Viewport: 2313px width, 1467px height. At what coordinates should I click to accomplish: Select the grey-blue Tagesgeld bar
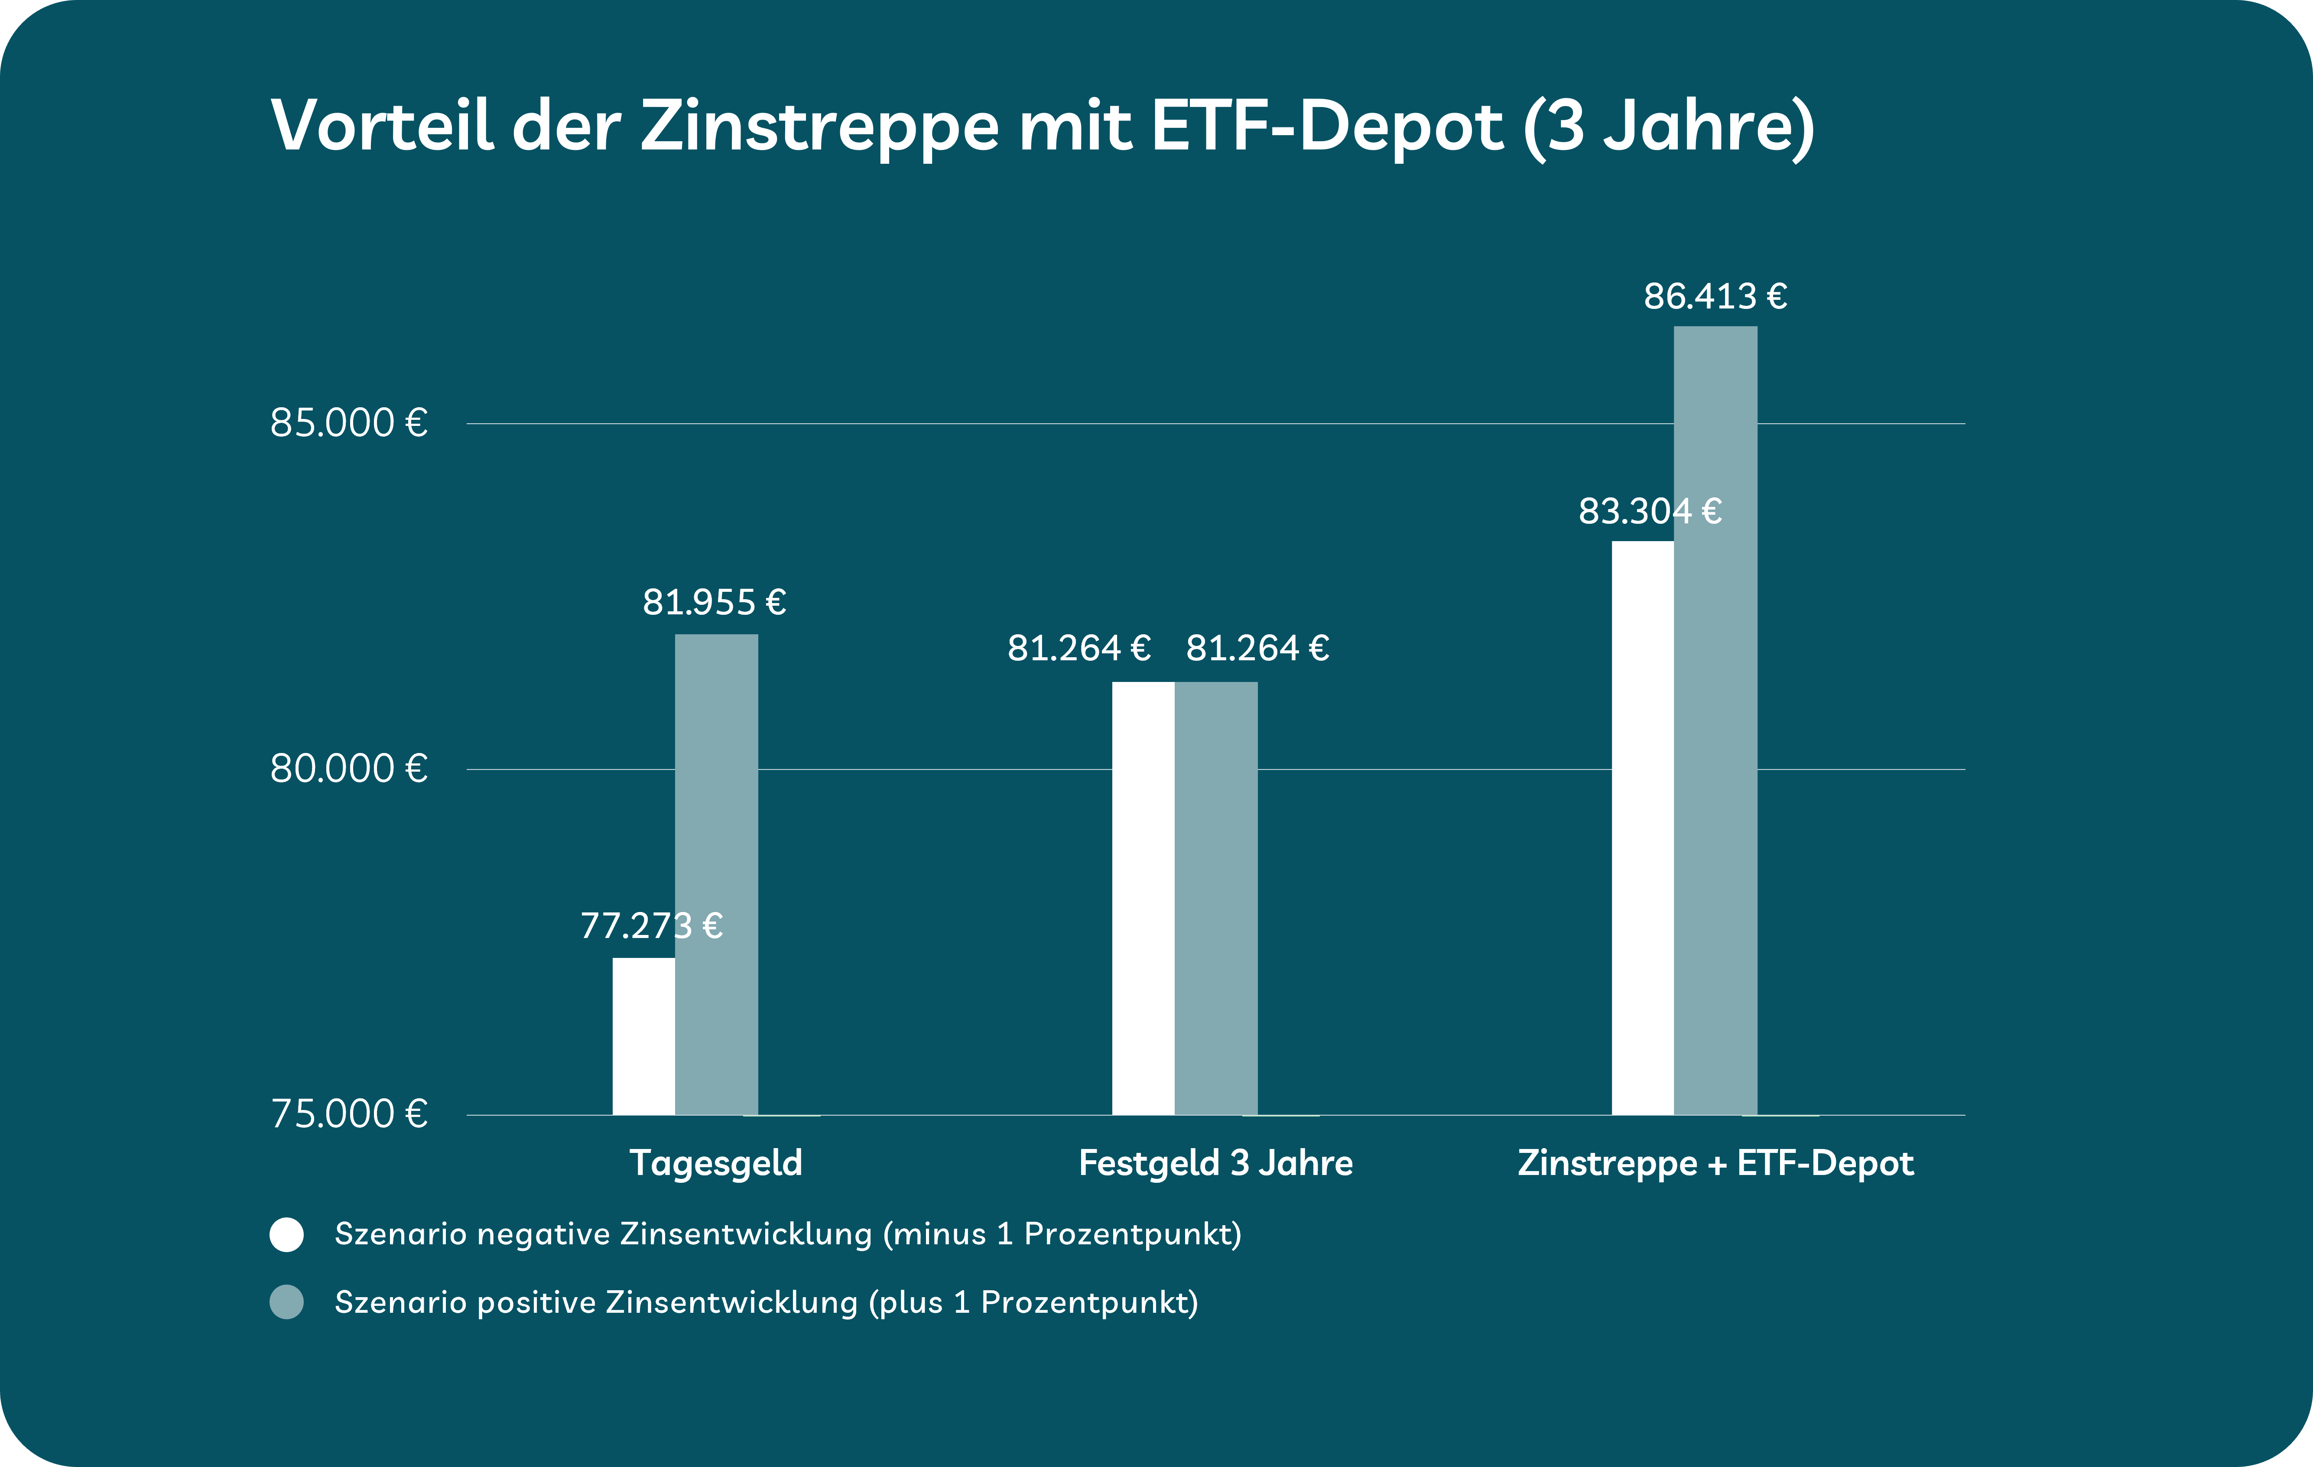(x=717, y=874)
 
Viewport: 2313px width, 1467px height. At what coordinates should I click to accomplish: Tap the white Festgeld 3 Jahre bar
(x=1143, y=898)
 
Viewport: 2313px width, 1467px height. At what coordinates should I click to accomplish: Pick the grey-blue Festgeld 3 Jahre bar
(x=1216, y=898)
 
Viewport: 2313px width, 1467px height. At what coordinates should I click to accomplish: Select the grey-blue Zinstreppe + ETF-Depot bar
(x=1715, y=721)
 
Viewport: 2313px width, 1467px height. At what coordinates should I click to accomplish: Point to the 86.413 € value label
(x=1715, y=296)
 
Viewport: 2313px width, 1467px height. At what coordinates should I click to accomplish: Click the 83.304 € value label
(x=1649, y=511)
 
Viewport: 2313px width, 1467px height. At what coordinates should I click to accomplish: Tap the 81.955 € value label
(x=714, y=602)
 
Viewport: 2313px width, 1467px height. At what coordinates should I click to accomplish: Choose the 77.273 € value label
(x=651, y=926)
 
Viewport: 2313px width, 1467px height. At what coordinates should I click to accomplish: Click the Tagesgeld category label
(x=715, y=1163)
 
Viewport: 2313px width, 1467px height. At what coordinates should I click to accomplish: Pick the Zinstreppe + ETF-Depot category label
(x=1715, y=1163)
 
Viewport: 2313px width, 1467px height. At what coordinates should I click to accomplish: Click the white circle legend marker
(x=286, y=1234)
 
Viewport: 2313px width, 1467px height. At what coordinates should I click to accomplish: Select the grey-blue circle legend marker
(x=286, y=1303)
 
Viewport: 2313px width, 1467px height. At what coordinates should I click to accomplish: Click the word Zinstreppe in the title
(x=819, y=127)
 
